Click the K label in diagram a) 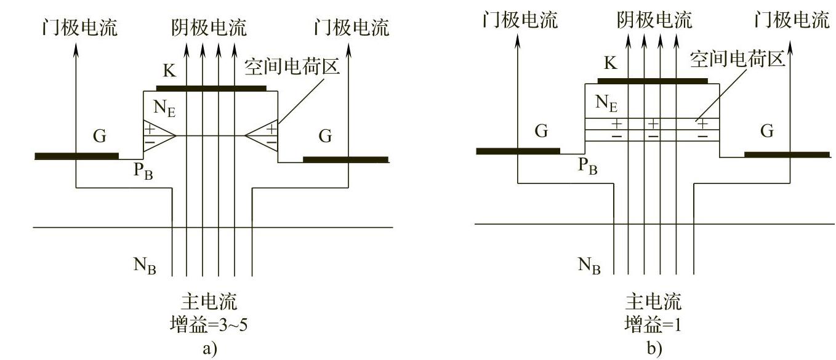(169, 71)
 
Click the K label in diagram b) (610, 63)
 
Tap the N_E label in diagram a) (164, 108)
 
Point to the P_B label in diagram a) (143, 172)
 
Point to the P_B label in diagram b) (587, 167)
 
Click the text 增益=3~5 (209, 325)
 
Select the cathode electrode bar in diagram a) (211, 89)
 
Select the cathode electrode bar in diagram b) (653, 81)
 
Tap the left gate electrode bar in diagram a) (76, 156)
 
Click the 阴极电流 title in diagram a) (209, 27)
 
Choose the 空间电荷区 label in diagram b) (737, 60)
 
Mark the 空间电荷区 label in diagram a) (292, 66)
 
